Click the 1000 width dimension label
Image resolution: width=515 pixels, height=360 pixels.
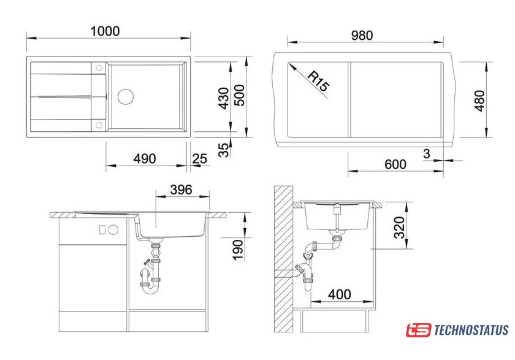click(105, 31)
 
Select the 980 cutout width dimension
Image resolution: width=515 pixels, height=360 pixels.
click(362, 35)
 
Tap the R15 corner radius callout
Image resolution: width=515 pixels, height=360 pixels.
click(318, 81)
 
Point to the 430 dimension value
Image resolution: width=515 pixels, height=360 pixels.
click(224, 98)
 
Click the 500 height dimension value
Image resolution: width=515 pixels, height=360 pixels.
click(240, 95)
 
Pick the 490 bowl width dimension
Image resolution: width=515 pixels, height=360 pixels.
click(145, 159)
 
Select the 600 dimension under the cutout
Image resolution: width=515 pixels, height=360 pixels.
click(395, 164)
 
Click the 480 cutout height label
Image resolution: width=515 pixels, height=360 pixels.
click(479, 101)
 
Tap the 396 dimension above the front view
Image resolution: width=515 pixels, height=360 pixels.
click(181, 190)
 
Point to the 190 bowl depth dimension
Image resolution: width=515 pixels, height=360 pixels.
click(238, 250)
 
